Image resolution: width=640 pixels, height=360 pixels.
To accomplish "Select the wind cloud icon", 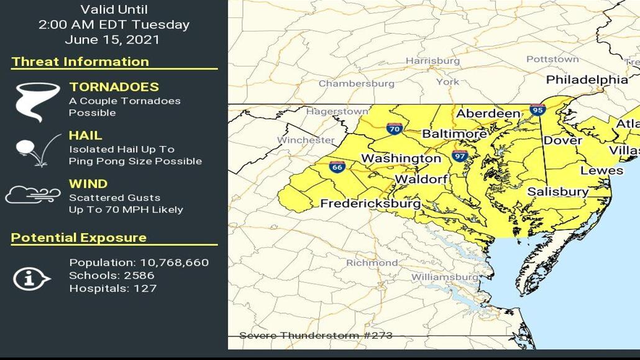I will tap(33, 195).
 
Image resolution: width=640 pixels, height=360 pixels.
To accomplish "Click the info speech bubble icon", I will tap(30, 279).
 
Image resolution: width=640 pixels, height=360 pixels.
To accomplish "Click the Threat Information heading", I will tap(80, 62).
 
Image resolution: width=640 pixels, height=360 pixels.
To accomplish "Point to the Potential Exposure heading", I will tap(79, 238).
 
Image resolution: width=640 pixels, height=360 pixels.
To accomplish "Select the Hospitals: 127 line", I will tap(112, 288).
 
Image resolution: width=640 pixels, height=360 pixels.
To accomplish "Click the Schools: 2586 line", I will tap(111, 275).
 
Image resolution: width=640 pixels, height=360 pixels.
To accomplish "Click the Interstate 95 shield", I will tap(538, 110).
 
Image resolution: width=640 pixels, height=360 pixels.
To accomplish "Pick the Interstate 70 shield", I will tap(394, 129).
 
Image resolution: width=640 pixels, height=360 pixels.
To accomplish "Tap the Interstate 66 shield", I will tap(337, 166).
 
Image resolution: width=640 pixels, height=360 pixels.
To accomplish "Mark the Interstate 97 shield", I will tap(460, 155).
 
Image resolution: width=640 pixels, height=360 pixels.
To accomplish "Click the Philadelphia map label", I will tap(587, 80).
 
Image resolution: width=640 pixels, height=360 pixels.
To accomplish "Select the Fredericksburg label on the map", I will tap(370, 203).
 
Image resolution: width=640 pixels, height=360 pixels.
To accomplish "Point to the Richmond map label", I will tap(372, 263).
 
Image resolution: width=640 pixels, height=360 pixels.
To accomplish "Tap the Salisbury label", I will tap(557, 192).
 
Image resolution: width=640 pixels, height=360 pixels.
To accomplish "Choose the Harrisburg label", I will tap(432, 61).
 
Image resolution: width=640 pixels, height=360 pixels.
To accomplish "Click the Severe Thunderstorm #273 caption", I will tap(316, 336).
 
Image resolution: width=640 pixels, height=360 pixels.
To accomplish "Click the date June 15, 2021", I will tap(112, 40).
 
